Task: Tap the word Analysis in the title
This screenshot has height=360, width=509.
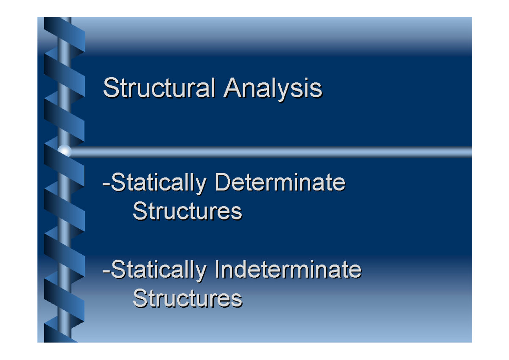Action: point(273,88)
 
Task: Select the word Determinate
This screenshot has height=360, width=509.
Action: point(280,183)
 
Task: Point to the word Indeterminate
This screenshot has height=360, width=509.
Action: point(288,269)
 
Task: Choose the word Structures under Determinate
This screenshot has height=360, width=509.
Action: point(187,211)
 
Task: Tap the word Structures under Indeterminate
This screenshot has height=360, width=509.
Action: point(187,298)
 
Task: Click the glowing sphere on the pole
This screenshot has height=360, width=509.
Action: point(64,151)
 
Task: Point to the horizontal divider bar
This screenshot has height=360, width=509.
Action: point(271,152)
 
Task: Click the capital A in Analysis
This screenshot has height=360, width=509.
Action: point(233,88)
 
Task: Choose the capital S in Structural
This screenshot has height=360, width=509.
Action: point(110,88)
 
